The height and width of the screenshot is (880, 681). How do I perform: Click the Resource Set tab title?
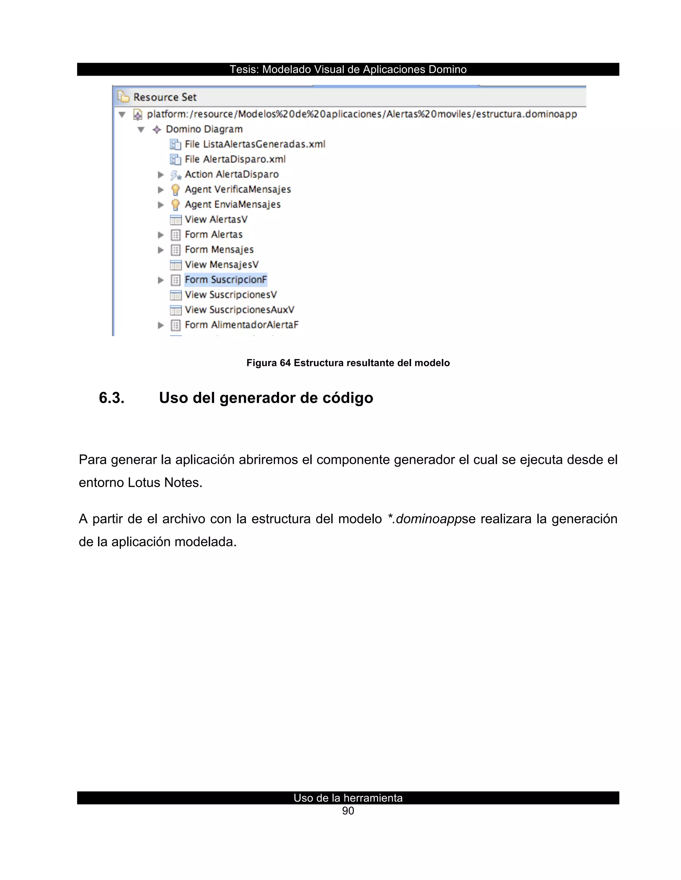pyautogui.click(x=165, y=97)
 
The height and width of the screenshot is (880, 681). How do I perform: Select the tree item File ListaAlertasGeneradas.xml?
pyautogui.click(x=255, y=144)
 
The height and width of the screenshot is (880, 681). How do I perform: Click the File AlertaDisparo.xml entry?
pyautogui.click(x=235, y=159)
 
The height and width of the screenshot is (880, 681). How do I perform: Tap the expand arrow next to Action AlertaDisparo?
pyautogui.click(x=161, y=174)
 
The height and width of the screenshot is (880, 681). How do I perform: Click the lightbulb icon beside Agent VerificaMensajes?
pyautogui.click(x=175, y=189)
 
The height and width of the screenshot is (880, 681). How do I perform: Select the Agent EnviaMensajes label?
pyautogui.click(x=232, y=204)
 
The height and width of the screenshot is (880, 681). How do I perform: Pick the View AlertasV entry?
pyautogui.click(x=216, y=220)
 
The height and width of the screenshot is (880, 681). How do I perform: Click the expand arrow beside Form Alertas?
pyautogui.click(x=161, y=234)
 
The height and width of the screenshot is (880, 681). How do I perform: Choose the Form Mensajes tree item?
pyautogui.click(x=219, y=250)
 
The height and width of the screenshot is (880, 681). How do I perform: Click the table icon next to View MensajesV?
pyautogui.click(x=176, y=265)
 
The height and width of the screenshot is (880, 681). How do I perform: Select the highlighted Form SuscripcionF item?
pyautogui.click(x=225, y=280)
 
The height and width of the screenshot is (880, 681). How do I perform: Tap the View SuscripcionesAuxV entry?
pyautogui.click(x=239, y=310)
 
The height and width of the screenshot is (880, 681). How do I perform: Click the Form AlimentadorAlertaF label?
pyautogui.click(x=241, y=325)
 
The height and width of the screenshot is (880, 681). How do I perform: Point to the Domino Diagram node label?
pyautogui.click(x=204, y=129)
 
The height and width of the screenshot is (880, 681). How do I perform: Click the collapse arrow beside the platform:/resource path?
pyautogui.click(x=122, y=115)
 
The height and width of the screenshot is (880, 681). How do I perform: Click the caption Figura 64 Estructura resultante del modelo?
pyautogui.click(x=348, y=363)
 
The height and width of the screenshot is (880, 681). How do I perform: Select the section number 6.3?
pyautogui.click(x=112, y=398)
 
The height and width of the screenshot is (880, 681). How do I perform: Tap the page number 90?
pyautogui.click(x=348, y=811)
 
